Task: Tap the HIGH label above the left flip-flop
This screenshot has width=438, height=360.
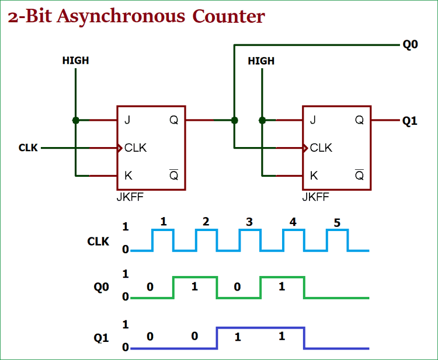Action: pyautogui.click(x=75, y=61)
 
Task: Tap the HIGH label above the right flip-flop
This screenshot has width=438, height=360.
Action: pyautogui.click(x=261, y=61)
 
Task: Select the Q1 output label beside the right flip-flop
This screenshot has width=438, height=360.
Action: pyautogui.click(x=410, y=121)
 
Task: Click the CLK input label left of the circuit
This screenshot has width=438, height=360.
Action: pyautogui.click(x=28, y=148)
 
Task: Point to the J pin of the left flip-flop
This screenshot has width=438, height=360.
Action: pyautogui.click(x=127, y=120)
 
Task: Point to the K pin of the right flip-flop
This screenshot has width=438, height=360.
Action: pyautogui.click(x=314, y=175)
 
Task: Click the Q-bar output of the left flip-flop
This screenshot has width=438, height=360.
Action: pyautogui.click(x=173, y=174)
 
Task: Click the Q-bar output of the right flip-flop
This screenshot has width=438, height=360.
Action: pyautogui.click(x=359, y=174)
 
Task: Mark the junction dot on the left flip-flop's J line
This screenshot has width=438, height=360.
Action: pyautogui.click(x=75, y=120)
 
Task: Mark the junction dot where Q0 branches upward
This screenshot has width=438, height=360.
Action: pyautogui.click(x=234, y=120)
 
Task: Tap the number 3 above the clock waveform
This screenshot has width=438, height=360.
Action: pyautogui.click(x=249, y=222)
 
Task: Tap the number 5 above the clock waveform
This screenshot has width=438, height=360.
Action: pyautogui.click(x=336, y=222)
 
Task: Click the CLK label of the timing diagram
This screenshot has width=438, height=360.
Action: pyautogui.click(x=98, y=241)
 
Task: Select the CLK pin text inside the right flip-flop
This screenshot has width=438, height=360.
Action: pyautogui.click(x=321, y=148)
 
